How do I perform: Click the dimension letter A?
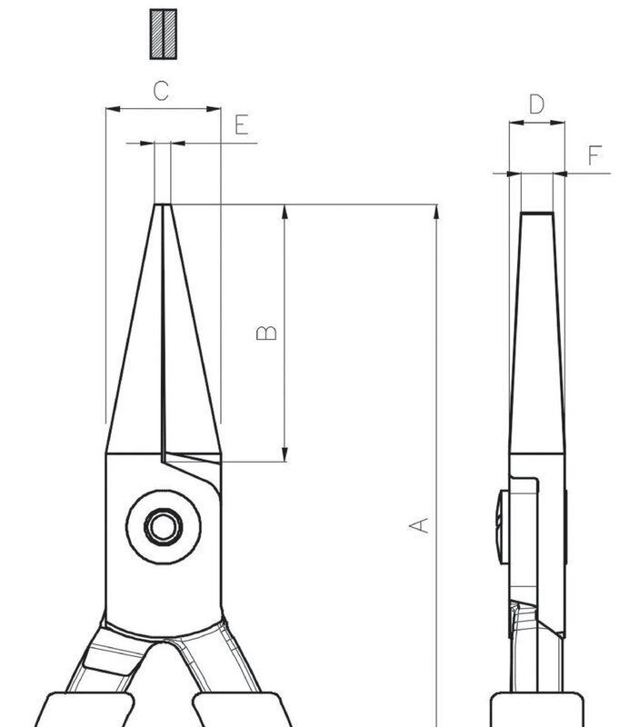point(419,525)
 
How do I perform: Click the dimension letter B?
point(266,333)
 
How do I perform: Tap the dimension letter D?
point(537,105)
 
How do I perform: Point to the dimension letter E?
point(242,124)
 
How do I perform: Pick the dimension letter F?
point(594,154)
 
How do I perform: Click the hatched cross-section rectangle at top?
point(164,34)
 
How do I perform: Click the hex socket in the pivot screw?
point(164,527)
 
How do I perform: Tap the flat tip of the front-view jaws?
point(163,204)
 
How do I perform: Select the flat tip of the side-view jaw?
point(537,214)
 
